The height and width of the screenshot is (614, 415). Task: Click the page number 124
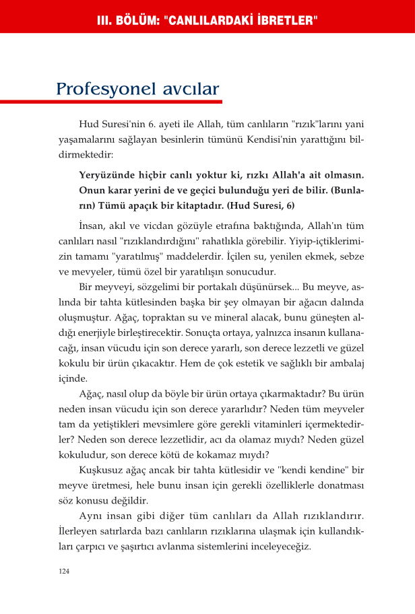click(x=63, y=571)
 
